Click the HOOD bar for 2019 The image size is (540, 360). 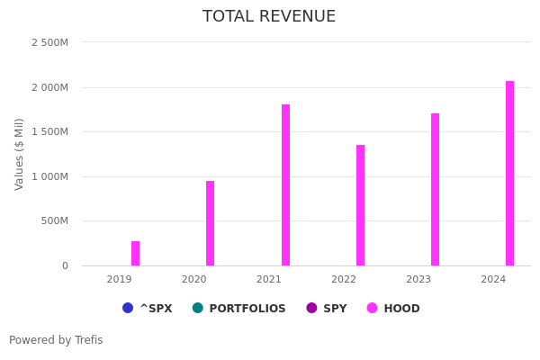(x=135, y=254)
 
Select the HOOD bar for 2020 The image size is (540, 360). (x=210, y=223)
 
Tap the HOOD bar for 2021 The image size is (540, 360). (x=285, y=185)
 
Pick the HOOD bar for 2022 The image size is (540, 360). (x=360, y=205)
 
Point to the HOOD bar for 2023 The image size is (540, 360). (x=435, y=190)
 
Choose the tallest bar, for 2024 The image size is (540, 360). (x=509, y=174)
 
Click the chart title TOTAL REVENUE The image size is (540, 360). (x=269, y=16)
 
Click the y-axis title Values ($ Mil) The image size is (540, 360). (x=20, y=154)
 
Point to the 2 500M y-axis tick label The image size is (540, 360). (x=49, y=42)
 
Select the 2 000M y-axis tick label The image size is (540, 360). (x=49, y=87)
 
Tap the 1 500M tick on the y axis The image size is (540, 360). (x=49, y=131)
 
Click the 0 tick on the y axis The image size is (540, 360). (x=65, y=265)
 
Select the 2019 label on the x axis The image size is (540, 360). (x=119, y=280)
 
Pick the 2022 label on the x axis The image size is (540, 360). (x=344, y=280)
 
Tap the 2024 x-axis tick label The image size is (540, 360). (x=493, y=280)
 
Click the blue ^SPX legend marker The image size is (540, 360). (x=128, y=308)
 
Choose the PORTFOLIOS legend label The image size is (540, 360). (x=247, y=309)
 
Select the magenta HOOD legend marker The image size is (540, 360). (x=373, y=308)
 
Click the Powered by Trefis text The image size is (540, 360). (x=56, y=340)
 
